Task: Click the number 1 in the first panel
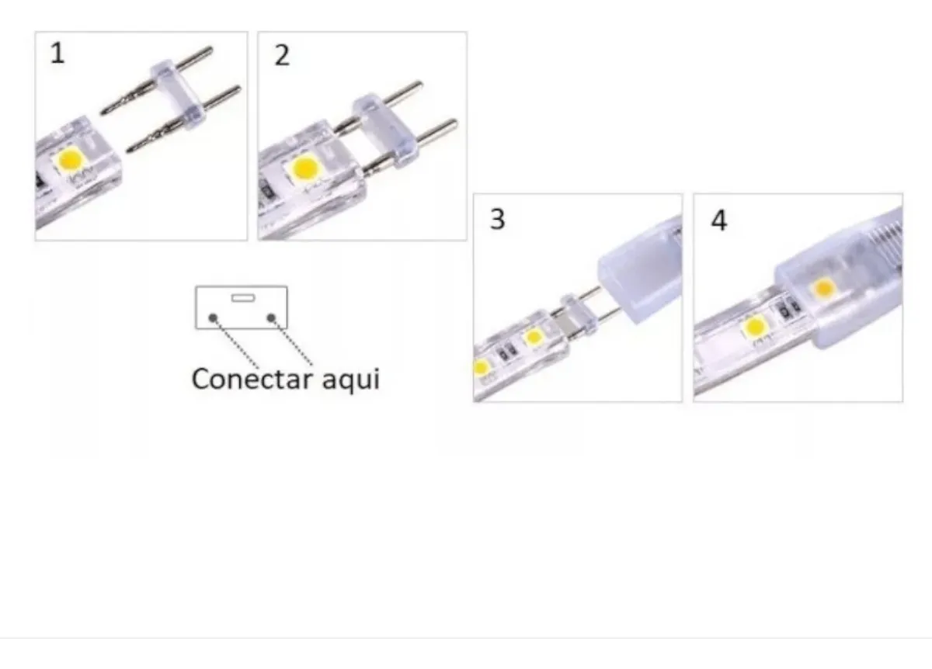click(x=57, y=54)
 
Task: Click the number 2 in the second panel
click(x=282, y=55)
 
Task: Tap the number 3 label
click(x=497, y=219)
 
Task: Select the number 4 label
click(x=719, y=220)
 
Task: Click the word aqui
click(x=350, y=380)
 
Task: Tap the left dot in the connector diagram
click(x=213, y=317)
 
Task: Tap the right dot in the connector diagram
click(x=271, y=317)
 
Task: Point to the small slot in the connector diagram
click(x=242, y=297)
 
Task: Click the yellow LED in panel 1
click(x=71, y=160)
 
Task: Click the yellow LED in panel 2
click(x=304, y=167)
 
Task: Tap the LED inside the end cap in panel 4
click(x=824, y=289)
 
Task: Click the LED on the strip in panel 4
click(x=754, y=328)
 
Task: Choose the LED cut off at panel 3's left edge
click(x=479, y=366)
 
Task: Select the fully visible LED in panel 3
click(x=533, y=337)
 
